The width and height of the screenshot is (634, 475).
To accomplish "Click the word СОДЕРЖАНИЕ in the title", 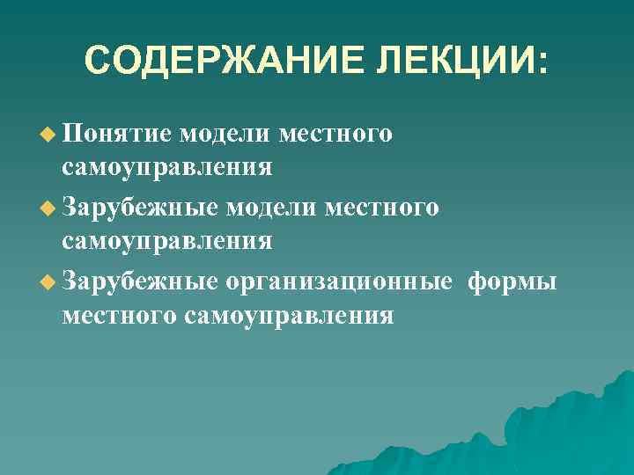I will click(209, 61).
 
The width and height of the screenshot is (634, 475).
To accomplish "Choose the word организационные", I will click(339, 282).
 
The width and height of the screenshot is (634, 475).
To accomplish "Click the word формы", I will click(512, 282).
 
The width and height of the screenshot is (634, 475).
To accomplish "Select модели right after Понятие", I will click(224, 135).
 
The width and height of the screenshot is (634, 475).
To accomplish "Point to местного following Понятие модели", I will click(335, 135).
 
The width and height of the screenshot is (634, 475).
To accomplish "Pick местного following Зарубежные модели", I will click(382, 208).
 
